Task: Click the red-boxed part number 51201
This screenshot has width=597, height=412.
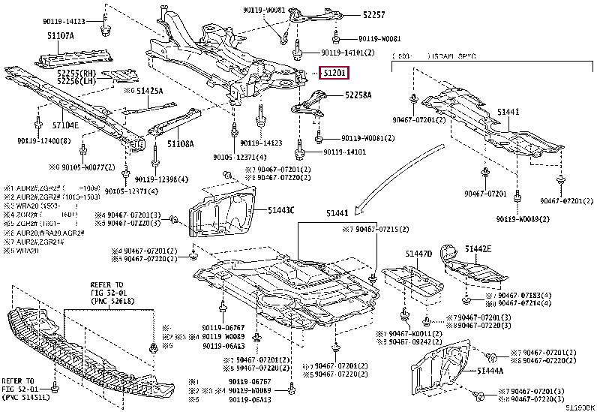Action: click(334, 73)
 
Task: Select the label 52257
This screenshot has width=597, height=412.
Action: click(355, 15)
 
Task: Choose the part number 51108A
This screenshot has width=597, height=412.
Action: click(180, 143)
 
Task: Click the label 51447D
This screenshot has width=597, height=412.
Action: click(420, 254)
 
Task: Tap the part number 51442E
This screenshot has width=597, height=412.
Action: click(477, 248)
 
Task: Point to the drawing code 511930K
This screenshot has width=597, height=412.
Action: click(579, 406)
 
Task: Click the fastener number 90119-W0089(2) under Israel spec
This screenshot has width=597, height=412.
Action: click(522, 218)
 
